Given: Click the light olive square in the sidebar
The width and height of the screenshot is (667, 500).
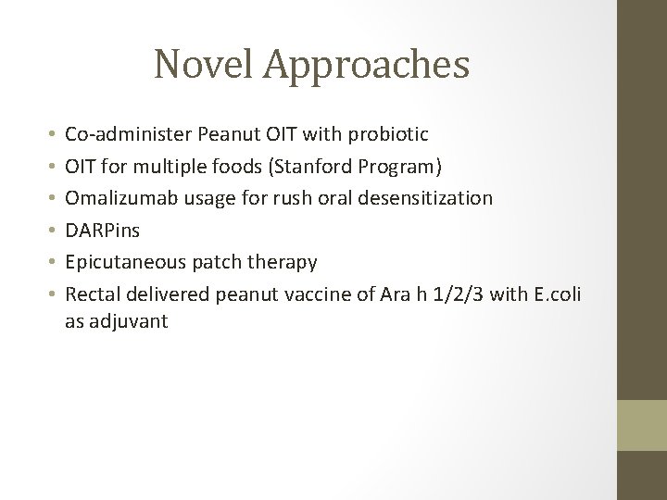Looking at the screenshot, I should point(642,426).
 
